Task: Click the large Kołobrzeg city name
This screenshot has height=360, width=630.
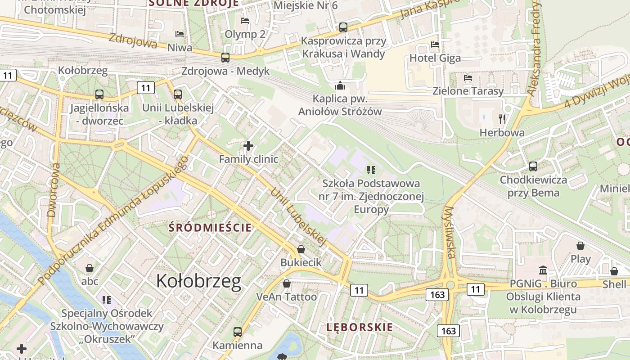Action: pyautogui.click(x=198, y=281)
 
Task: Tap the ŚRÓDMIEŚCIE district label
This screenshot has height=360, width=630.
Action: pyautogui.click(x=210, y=228)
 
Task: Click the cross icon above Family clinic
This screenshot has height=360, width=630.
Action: pyautogui.click(x=248, y=146)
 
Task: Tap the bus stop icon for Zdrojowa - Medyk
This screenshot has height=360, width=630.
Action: pyautogui.click(x=225, y=58)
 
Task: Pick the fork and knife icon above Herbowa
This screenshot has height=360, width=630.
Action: pyautogui.click(x=502, y=119)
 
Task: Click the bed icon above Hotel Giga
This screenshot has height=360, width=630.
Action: pyautogui.click(x=435, y=45)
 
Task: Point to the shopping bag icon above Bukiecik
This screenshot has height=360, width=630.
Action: pyautogui.click(x=301, y=249)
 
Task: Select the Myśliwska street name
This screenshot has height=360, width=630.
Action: pyautogui.click(x=450, y=232)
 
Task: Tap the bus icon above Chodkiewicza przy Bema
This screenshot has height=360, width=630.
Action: pyautogui.click(x=533, y=166)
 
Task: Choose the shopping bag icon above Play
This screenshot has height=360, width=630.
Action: pyautogui.click(x=580, y=246)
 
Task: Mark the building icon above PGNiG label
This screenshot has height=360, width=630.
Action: pyautogui.click(x=543, y=270)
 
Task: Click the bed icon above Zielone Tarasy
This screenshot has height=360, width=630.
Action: pyautogui.click(x=468, y=77)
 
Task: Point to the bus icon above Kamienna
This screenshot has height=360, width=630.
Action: pyautogui.click(x=237, y=332)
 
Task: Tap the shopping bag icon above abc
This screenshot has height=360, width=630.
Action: pyautogui.click(x=90, y=268)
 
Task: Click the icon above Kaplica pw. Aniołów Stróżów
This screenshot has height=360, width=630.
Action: pyautogui.click(x=340, y=85)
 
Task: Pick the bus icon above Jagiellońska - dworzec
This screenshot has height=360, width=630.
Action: pyautogui.click(x=99, y=94)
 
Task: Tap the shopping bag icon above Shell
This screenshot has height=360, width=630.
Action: pyautogui.click(x=614, y=271)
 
